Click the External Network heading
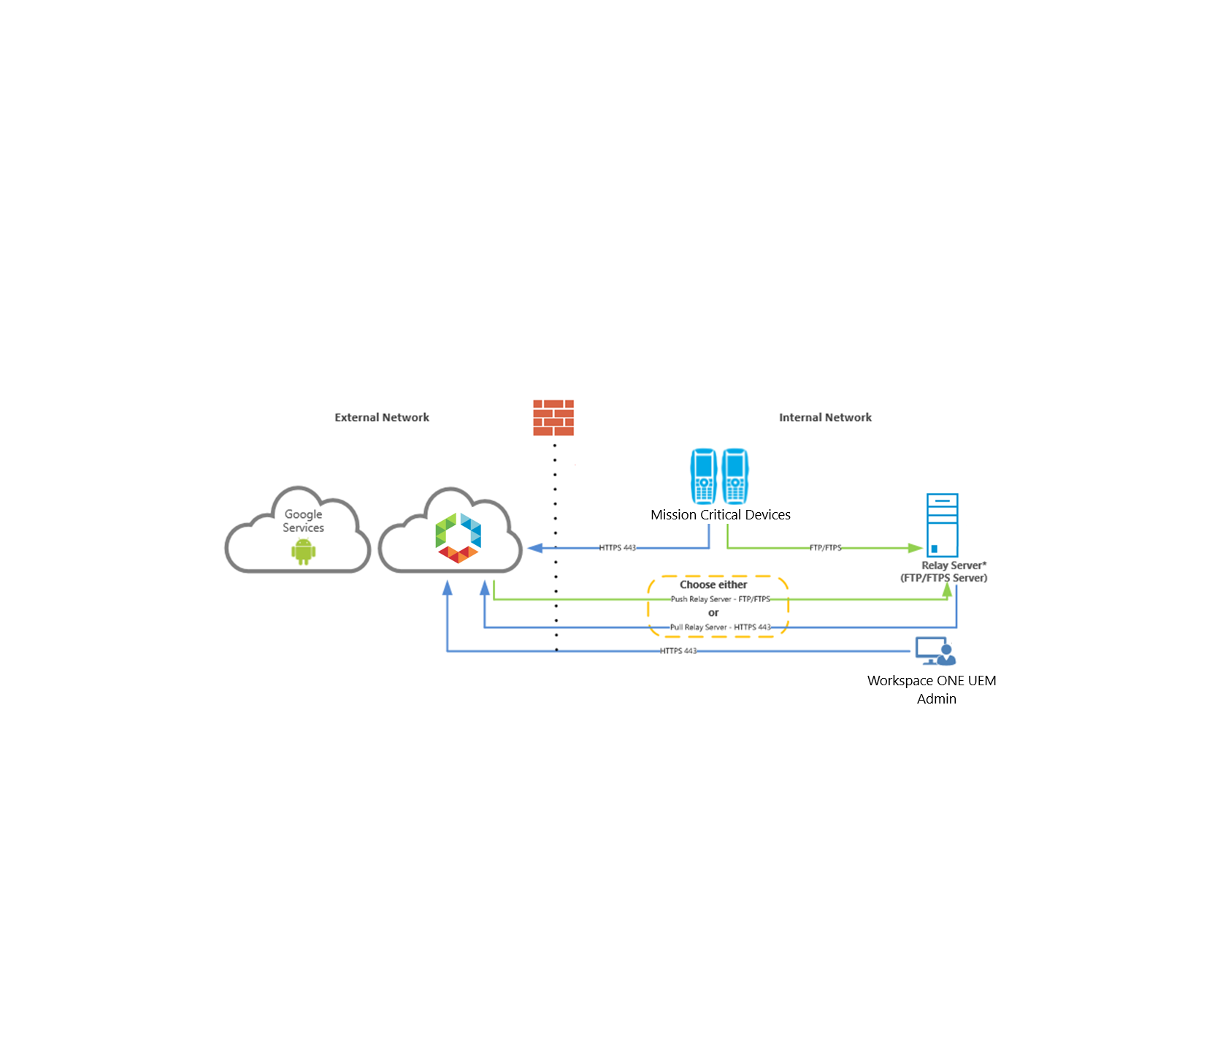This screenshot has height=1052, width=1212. (x=381, y=417)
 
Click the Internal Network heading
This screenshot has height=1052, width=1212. (x=825, y=417)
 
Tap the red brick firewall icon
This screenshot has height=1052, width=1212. (x=553, y=418)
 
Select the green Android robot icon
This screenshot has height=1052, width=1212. (x=303, y=552)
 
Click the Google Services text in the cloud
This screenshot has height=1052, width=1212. (x=303, y=521)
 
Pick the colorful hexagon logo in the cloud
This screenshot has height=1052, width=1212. (x=458, y=538)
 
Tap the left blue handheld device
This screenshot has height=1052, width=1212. (x=704, y=476)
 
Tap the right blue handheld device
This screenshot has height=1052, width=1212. (x=735, y=476)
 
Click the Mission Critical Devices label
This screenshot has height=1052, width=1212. (x=720, y=515)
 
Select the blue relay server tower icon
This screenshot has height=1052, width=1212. (x=942, y=525)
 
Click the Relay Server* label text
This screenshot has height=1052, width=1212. (x=953, y=565)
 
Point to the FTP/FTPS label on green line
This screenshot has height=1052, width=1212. (x=825, y=548)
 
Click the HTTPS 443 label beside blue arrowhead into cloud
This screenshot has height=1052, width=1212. (x=617, y=548)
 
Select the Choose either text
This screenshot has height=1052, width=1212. (x=713, y=584)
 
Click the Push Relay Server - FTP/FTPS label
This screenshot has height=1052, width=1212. (x=720, y=599)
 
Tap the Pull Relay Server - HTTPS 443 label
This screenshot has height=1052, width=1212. (x=720, y=628)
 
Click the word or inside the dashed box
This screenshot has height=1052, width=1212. (x=713, y=613)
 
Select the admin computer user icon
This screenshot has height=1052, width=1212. (x=935, y=651)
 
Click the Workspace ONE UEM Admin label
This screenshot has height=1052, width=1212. (x=932, y=689)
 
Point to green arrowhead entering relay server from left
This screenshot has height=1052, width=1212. (x=915, y=548)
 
